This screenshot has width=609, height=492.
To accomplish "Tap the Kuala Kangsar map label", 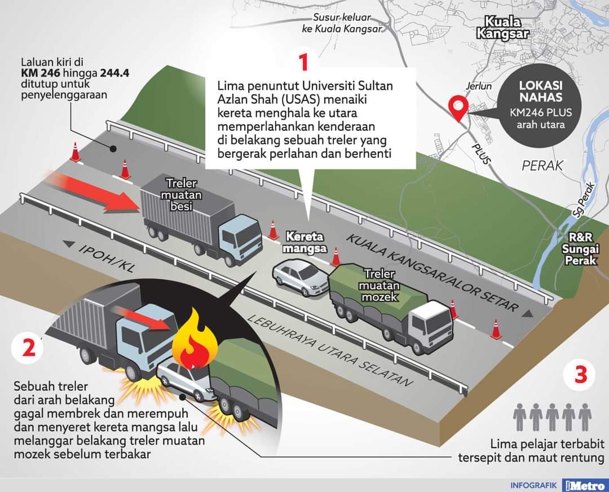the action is (502, 28).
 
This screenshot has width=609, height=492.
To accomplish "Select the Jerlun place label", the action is (478, 87).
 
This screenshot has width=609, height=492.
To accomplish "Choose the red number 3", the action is (582, 375).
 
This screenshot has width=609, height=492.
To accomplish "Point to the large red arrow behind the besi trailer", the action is (90, 192).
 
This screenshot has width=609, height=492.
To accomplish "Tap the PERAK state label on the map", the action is (542, 165).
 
